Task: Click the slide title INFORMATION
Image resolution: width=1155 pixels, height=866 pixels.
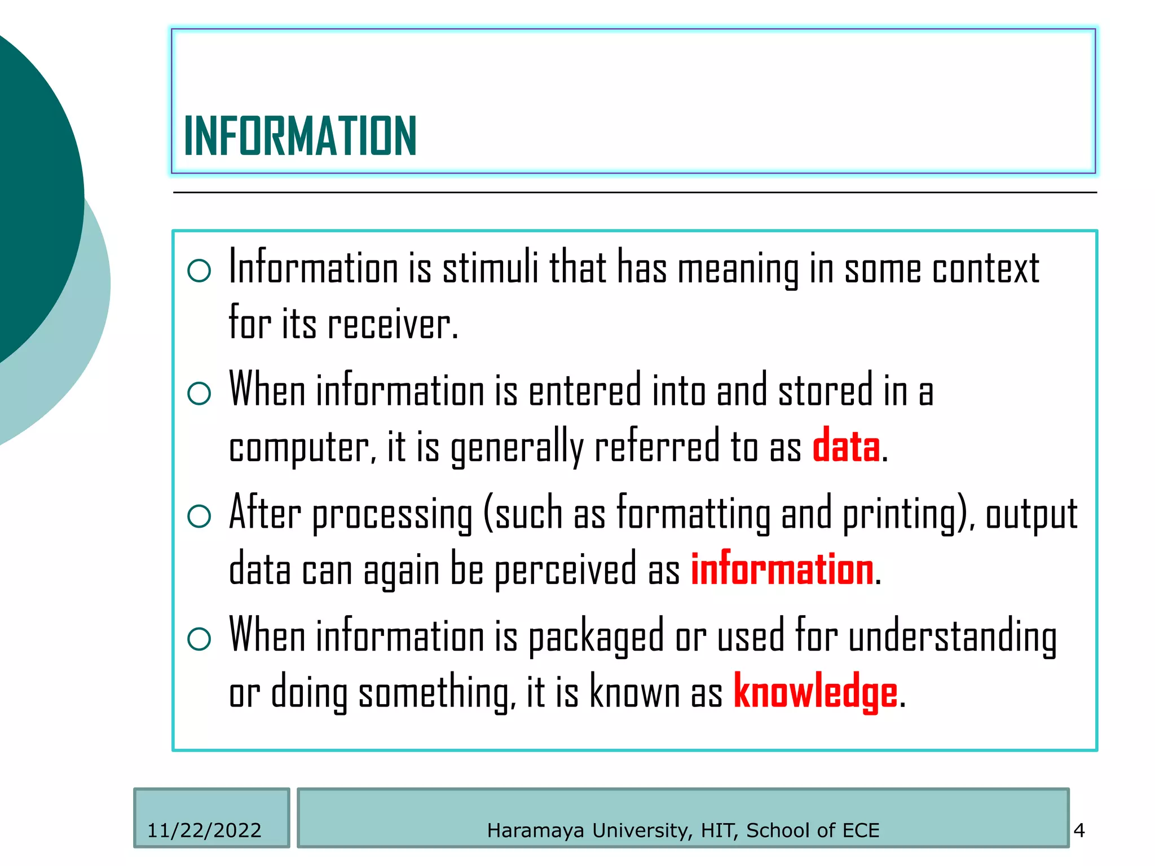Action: [x=300, y=136]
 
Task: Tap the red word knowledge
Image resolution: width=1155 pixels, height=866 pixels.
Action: [x=815, y=692]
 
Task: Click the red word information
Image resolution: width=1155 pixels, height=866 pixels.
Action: [x=782, y=569]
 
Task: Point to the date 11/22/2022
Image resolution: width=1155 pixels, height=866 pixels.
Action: [x=204, y=830]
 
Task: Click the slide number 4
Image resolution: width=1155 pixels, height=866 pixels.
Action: [x=1079, y=830]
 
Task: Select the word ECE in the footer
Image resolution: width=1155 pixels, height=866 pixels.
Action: [x=861, y=830]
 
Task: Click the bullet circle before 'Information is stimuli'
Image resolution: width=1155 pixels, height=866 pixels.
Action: [x=199, y=271]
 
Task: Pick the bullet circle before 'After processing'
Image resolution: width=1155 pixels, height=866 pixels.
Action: [x=199, y=516]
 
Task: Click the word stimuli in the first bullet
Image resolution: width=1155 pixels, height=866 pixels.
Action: [x=490, y=268]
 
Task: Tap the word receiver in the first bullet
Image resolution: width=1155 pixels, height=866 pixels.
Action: [x=393, y=325]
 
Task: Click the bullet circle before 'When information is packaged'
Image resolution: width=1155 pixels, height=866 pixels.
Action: [x=199, y=639]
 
